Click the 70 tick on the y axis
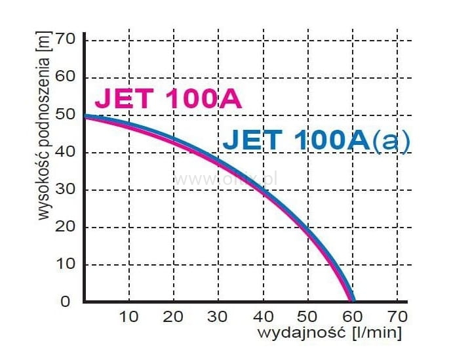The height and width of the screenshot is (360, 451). tap(70, 40)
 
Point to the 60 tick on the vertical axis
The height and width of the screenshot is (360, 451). tap(70, 77)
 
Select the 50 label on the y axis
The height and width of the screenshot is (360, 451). tap(70, 115)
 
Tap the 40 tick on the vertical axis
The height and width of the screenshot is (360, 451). tap(70, 153)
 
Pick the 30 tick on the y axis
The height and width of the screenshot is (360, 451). tap(70, 190)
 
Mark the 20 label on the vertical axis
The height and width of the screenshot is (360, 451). tap(70, 228)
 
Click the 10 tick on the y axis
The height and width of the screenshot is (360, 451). tap(70, 265)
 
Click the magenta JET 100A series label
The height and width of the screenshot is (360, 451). tap(168, 100)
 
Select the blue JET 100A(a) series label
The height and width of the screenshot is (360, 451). tap(317, 140)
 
